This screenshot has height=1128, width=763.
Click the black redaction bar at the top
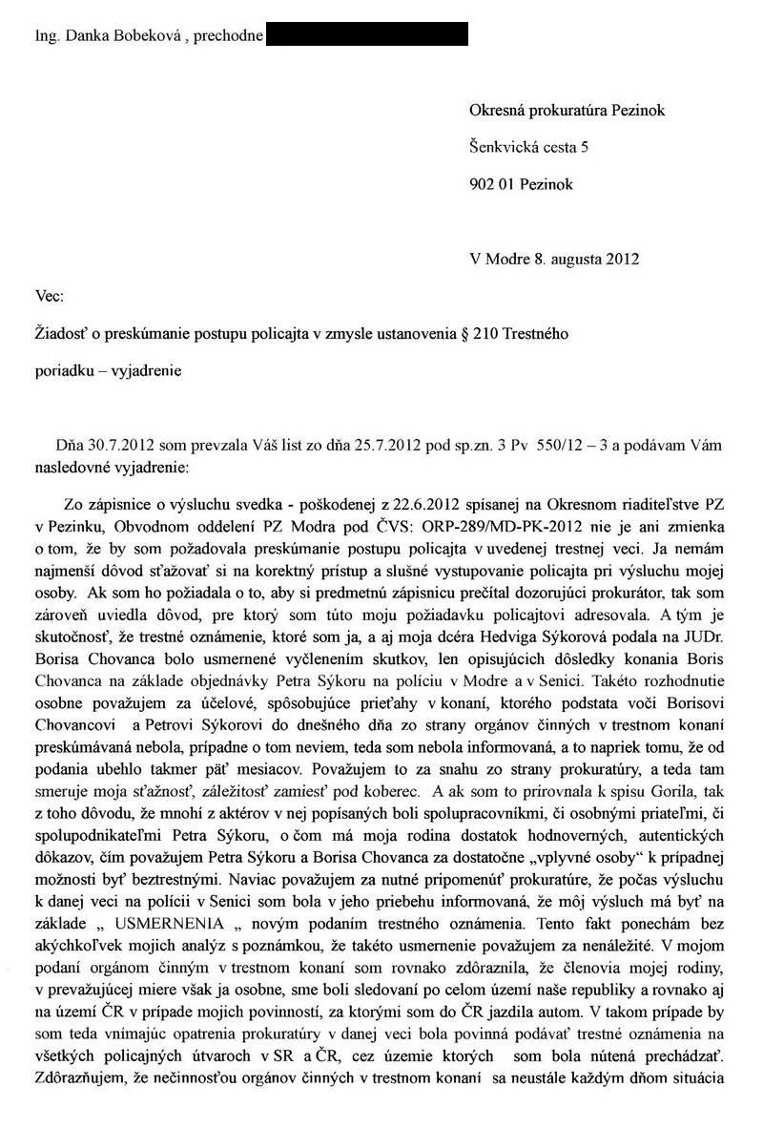click(x=366, y=35)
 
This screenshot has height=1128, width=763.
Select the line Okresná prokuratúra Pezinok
click(x=567, y=111)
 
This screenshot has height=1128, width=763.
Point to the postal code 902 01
click(x=493, y=184)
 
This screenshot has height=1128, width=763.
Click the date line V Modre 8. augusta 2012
click(x=554, y=258)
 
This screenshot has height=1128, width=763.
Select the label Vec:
click(x=49, y=296)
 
